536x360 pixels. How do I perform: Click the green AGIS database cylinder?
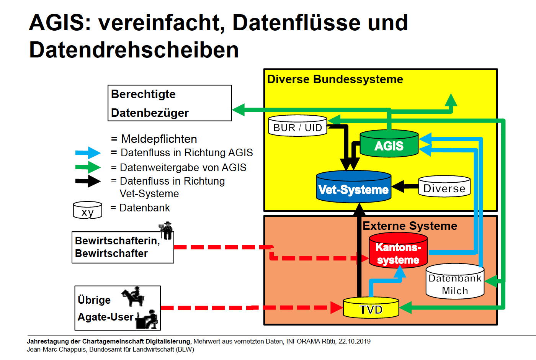pos(389,144)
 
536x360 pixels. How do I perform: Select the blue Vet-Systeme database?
pos(353,187)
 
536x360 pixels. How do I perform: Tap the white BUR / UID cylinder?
pos(297,126)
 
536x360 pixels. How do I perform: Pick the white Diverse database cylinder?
pos(444,187)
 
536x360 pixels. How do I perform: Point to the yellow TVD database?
pos(371,308)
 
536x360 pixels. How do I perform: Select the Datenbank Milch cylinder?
pos(455,282)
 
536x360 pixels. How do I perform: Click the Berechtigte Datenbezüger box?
pos(170,103)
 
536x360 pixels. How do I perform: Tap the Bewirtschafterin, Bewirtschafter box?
pos(123,247)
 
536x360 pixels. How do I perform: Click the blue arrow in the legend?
pos(88,153)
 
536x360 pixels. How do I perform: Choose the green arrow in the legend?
pos(88,167)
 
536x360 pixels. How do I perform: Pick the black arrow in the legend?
pos(88,181)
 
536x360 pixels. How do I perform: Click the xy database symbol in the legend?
pos(87,210)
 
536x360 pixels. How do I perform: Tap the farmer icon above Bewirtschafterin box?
pos(166,230)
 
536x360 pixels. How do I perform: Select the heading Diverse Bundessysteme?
pos(335,79)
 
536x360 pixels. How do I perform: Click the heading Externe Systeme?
pos(410,226)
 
